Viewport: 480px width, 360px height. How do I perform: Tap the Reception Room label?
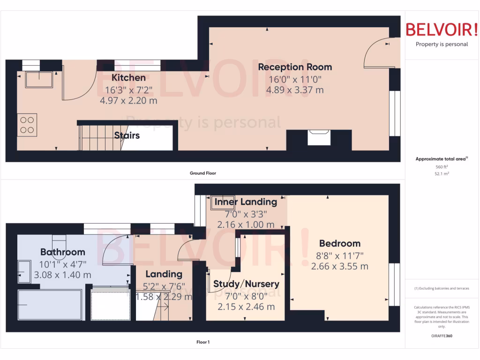point(295,67)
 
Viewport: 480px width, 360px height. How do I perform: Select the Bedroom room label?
point(339,243)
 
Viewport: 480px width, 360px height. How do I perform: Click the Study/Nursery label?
point(246,284)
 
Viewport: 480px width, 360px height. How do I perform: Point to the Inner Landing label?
point(246,202)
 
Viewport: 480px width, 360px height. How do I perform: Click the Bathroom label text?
point(62,252)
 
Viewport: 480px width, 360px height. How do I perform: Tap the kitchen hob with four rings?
point(27,125)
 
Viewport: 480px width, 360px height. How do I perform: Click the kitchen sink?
point(39,80)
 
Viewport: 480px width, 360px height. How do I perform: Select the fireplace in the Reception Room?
point(319,138)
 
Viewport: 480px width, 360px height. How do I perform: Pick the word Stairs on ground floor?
point(127,135)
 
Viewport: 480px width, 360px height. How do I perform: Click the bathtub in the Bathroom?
point(50,305)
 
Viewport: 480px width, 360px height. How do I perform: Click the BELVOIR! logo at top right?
point(442,30)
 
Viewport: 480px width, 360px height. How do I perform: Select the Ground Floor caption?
point(202,173)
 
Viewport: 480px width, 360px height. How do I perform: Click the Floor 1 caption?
point(202,342)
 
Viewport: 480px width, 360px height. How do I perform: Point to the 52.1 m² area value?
point(442,173)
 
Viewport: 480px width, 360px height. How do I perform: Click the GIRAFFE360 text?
point(442,336)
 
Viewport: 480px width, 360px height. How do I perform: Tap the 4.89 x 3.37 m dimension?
point(295,90)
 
